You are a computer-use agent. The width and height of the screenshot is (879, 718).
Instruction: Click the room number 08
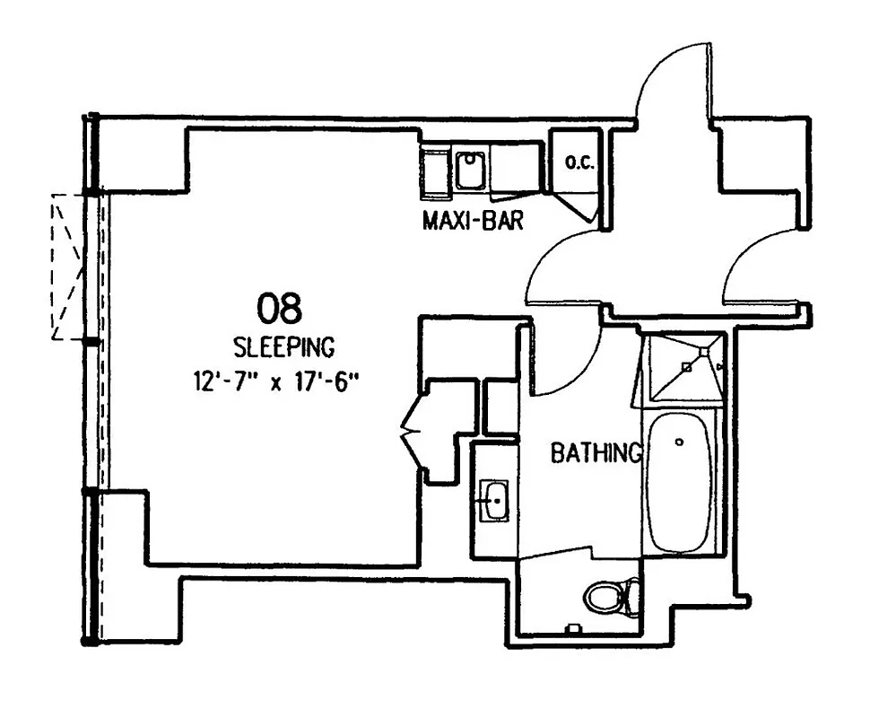coord(280,308)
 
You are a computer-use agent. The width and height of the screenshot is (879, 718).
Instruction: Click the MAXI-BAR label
coord(473,220)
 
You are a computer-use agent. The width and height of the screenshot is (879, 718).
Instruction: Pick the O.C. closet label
coord(575,163)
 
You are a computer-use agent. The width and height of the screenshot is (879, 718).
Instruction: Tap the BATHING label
coord(596,453)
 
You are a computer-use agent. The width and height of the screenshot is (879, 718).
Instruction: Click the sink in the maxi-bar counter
coord(469,171)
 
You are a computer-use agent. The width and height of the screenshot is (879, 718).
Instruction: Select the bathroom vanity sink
coord(494,498)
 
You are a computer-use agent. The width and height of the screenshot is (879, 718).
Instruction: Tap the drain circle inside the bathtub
coord(679,442)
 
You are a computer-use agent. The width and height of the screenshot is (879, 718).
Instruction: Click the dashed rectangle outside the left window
coord(67,267)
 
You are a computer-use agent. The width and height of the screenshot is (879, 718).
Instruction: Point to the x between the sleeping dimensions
coord(278,383)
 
